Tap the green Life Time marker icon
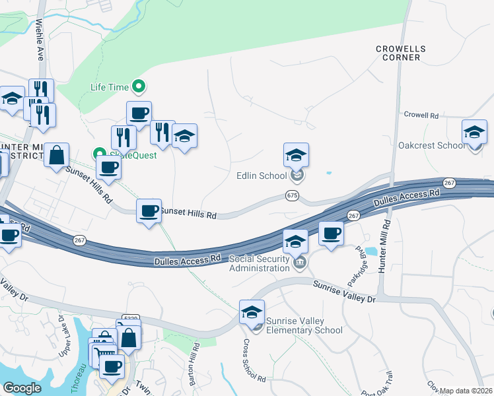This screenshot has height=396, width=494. [x=139, y=86]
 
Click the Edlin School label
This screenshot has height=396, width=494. [x=262, y=176]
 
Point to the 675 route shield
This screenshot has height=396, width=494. [x=292, y=196]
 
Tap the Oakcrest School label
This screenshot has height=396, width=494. [x=432, y=145]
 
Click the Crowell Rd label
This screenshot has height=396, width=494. [x=421, y=115]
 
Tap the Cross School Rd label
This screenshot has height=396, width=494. [x=254, y=361]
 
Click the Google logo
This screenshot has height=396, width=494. [x=22, y=388]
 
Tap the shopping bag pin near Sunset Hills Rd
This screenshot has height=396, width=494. [x=57, y=156]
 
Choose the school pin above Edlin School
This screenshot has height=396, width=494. [x=297, y=156]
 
